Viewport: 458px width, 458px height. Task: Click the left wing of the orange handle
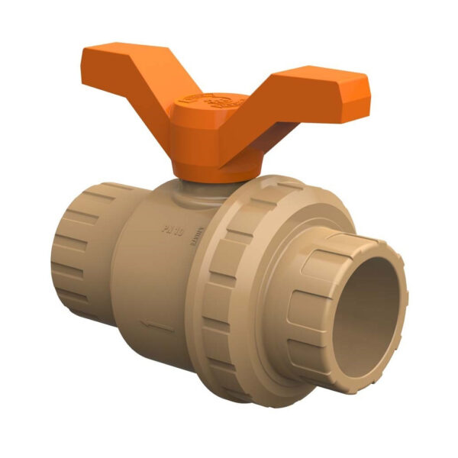122,73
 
